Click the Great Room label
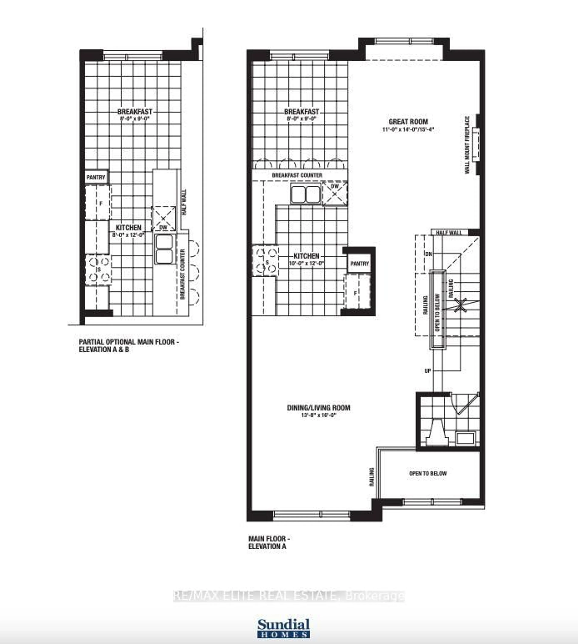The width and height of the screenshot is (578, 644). pyautogui.click(x=408, y=122)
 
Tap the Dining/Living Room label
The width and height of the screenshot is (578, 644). pyautogui.click(x=319, y=408)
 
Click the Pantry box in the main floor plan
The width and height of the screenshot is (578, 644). pyautogui.click(x=359, y=264)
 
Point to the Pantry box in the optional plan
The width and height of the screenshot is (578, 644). pyautogui.click(x=96, y=177)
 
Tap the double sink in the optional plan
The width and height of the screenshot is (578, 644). pyautogui.click(x=164, y=249)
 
